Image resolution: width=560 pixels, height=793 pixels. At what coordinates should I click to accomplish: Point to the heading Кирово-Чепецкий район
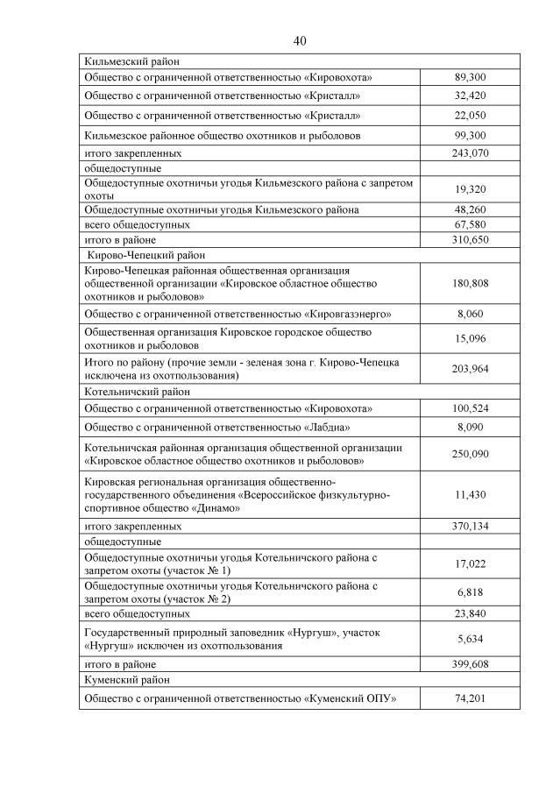click(145, 254)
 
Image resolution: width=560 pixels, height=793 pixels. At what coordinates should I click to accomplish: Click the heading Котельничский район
click(137, 392)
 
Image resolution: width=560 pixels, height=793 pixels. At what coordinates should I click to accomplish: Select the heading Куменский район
click(126, 679)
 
